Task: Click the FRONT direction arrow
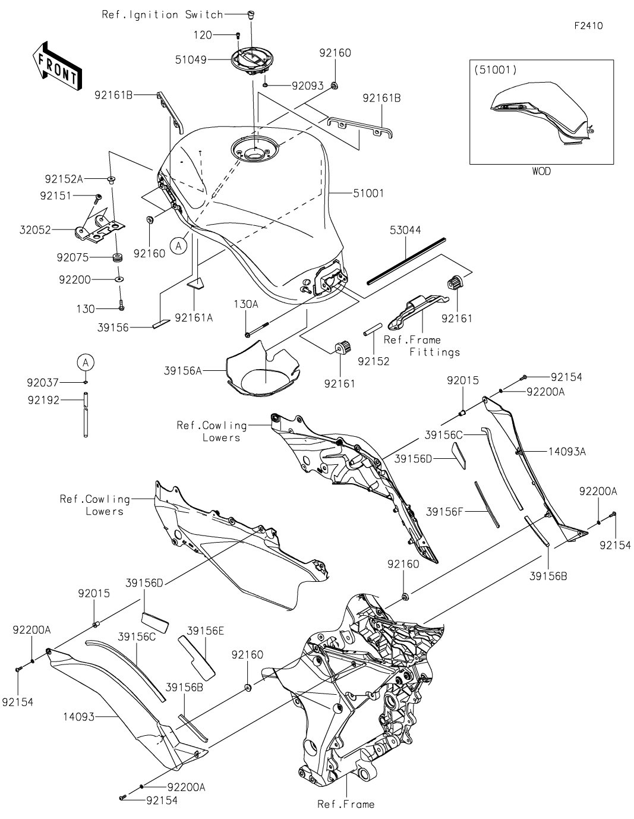pos(57,66)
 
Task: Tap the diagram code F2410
pos(588,26)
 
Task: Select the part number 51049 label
pos(191,59)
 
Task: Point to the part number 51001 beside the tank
pos(368,193)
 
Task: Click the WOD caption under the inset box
pos(541,171)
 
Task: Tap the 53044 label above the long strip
pos(405,230)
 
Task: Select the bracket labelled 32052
pos(100,229)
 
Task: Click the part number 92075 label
pos(72,257)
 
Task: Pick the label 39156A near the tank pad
pos(183,371)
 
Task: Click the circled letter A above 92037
pos(86,363)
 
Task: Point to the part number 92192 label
pos(43,400)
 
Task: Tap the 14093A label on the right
pos(567,451)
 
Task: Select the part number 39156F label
pos(444,512)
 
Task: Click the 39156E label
pos(206,631)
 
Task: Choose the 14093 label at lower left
pos(78,717)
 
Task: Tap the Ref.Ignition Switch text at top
pos(163,15)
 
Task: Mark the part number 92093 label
pos(308,86)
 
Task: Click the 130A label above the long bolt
pos(246,304)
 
